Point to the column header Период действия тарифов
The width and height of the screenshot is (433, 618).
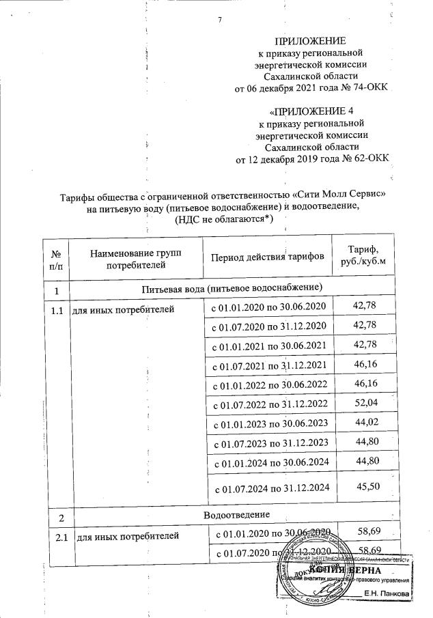[267, 257]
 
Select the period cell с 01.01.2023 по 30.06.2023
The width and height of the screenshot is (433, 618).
[269, 423]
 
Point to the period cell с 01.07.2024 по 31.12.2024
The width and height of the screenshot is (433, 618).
[272, 488]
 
